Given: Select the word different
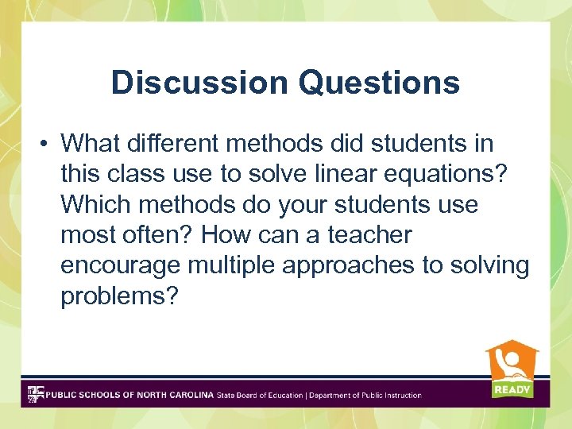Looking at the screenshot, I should coord(179,144).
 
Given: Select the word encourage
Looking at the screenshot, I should coord(127,265).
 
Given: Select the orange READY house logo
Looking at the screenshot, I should coord(512,369).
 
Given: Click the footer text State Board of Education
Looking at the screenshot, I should coord(260,395).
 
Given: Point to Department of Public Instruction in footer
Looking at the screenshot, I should coord(365,395).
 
